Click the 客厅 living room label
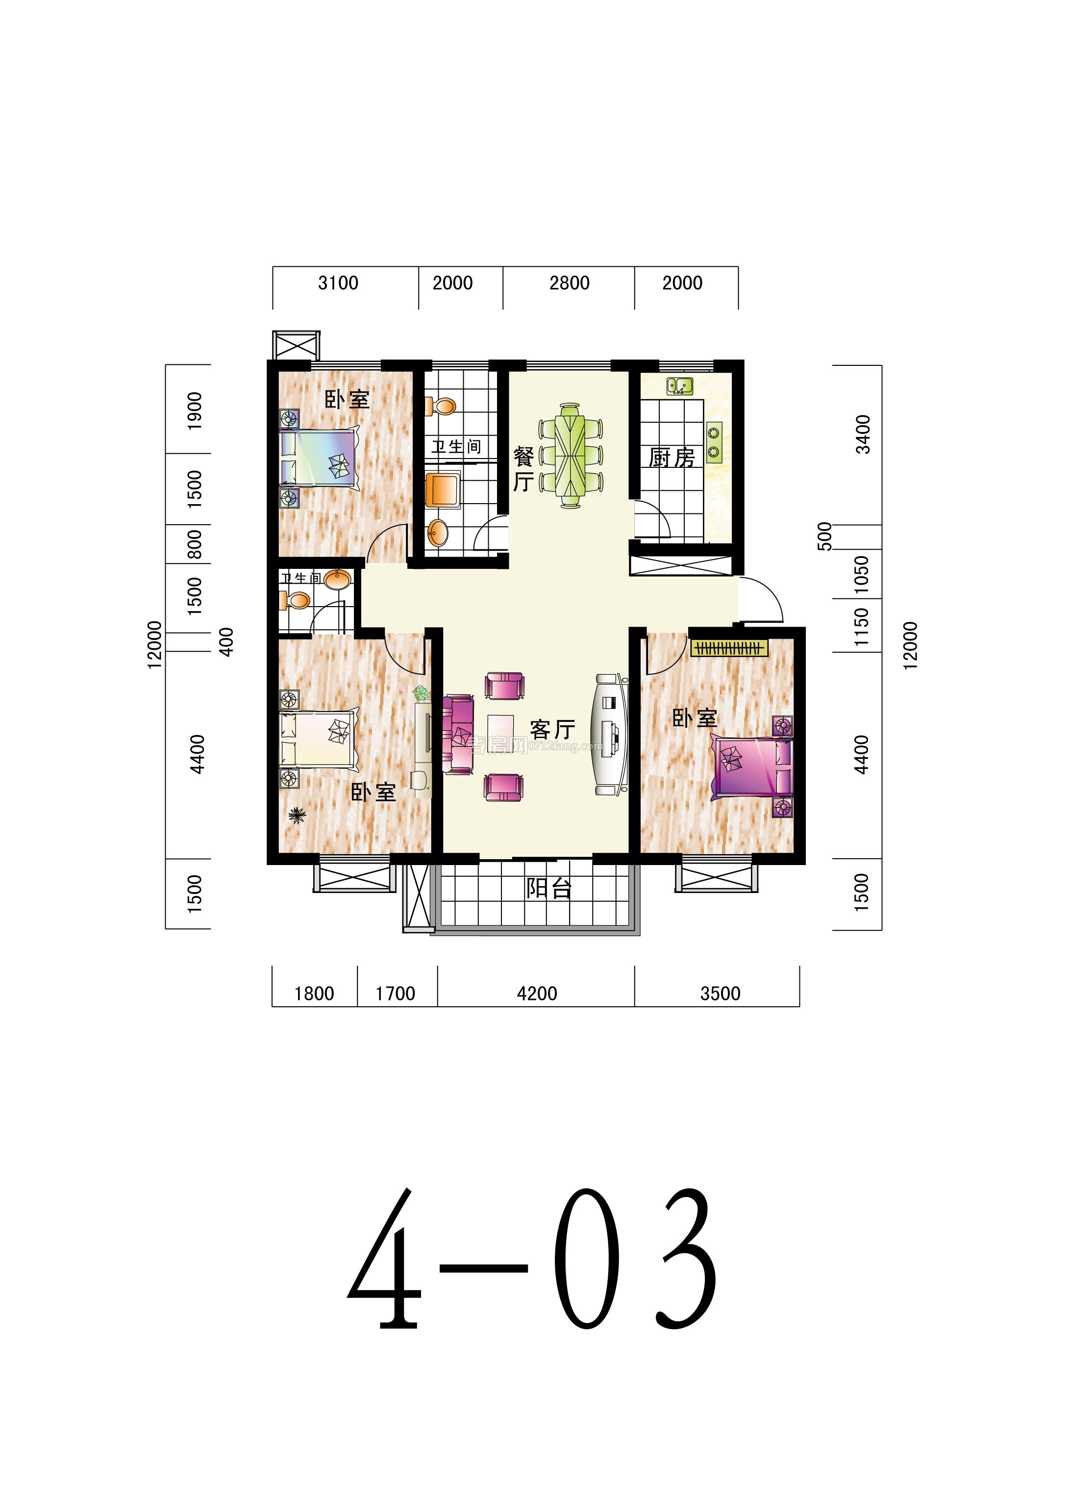(x=552, y=730)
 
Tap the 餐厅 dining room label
(x=523, y=469)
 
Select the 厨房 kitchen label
(x=672, y=457)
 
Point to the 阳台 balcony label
(x=548, y=889)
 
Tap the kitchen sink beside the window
(x=679, y=386)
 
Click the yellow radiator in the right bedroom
(x=730, y=648)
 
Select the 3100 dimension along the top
(x=338, y=283)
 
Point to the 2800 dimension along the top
(x=569, y=283)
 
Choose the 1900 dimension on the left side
(x=195, y=411)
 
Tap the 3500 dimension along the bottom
(x=720, y=994)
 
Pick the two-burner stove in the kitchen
(x=714, y=442)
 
